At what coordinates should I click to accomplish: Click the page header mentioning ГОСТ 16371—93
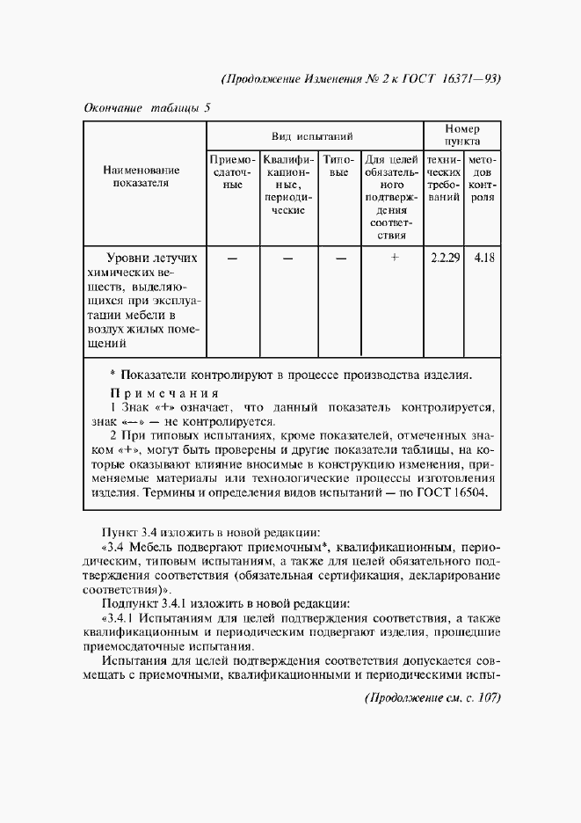point(361,77)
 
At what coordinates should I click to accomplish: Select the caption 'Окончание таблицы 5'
point(147,108)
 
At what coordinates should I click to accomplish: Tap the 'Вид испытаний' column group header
point(312,136)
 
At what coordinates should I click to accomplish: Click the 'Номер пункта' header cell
point(462,135)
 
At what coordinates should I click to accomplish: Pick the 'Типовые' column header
point(339,167)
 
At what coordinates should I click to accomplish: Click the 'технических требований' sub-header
point(444,179)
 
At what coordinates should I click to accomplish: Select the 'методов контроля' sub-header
point(482,179)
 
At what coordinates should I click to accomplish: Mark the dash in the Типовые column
point(341,259)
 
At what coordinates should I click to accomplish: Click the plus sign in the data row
point(395,258)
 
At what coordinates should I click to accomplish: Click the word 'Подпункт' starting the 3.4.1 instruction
point(129,603)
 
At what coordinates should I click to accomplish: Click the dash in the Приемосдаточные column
point(232,259)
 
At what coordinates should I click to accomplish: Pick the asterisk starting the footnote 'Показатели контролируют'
point(113,373)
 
